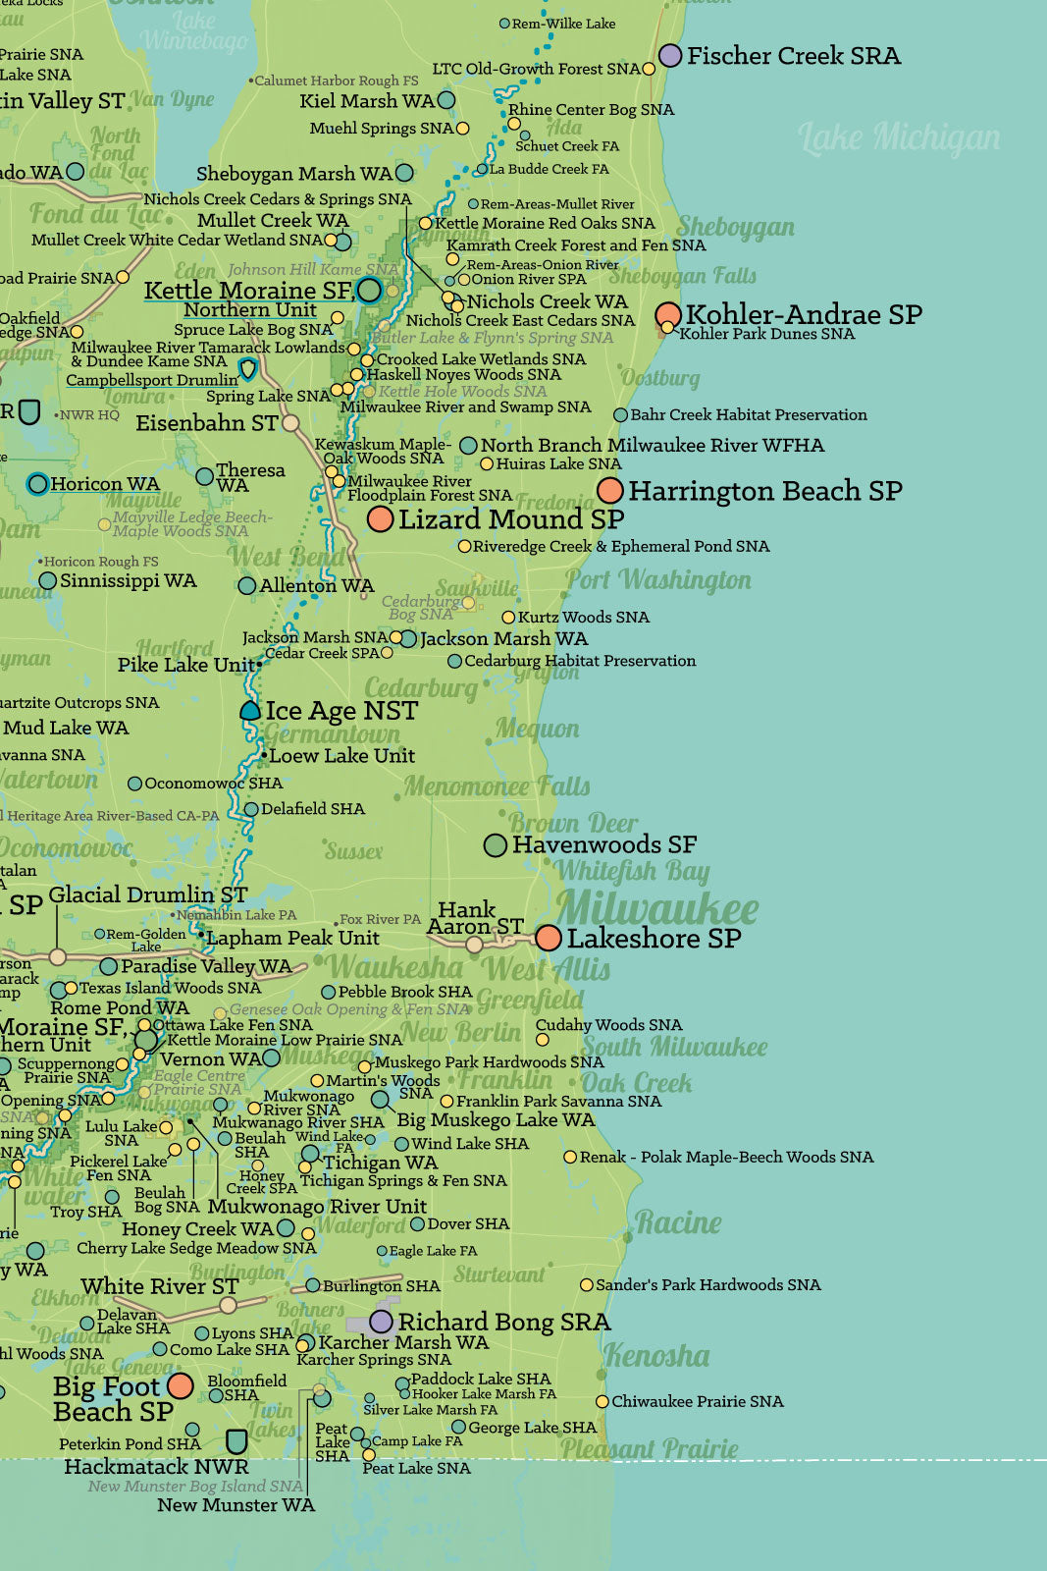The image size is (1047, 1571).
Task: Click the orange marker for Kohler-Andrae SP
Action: click(668, 315)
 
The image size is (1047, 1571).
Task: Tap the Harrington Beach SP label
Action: click(764, 490)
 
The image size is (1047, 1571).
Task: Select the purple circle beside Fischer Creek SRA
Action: click(670, 55)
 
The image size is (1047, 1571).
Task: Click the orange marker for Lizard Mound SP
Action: click(381, 518)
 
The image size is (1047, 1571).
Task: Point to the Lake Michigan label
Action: click(899, 138)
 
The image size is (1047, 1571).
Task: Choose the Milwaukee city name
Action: click(657, 909)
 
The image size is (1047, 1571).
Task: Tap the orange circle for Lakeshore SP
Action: click(549, 938)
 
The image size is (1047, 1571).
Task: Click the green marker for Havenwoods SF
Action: click(496, 844)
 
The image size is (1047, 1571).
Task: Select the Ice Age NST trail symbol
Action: click(250, 710)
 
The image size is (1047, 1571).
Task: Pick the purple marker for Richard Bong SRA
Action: click(382, 1322)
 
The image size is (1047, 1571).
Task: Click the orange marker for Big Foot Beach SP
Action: click(180, 1385)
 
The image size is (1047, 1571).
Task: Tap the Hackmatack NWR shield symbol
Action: click(236, 1441)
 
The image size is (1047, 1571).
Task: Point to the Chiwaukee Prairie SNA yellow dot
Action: click(602, 1401)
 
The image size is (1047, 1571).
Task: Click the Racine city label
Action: click(678, 1222)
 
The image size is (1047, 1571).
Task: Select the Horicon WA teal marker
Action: click(37, 483)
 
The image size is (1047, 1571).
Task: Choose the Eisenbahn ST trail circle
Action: click(290, 423)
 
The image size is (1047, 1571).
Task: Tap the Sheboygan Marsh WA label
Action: click(293, 174)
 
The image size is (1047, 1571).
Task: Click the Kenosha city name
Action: click(655, 1356)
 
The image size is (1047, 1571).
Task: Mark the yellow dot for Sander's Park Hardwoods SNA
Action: click(587, 1284)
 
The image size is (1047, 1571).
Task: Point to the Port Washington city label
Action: click(658, 580)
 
